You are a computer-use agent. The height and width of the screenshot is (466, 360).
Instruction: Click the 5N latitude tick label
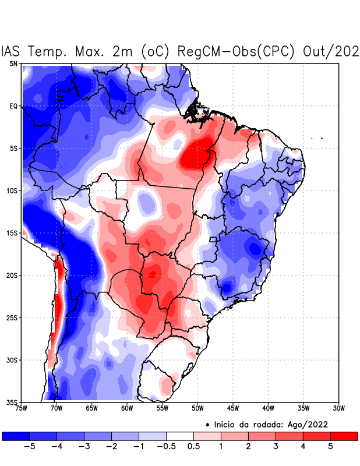point(13,63)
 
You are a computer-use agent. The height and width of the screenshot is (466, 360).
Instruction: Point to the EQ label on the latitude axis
point(13,106)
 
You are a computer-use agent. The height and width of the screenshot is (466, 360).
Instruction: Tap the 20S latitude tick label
point(12,276)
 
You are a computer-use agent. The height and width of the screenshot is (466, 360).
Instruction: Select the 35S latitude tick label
point(12,403)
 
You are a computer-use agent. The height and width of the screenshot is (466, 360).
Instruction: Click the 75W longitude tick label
point(22,408)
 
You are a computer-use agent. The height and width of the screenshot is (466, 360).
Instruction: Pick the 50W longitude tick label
point(197,408)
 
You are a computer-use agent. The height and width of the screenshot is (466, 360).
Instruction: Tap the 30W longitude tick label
point(338,408)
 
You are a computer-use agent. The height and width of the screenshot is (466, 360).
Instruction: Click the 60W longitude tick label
point(127,408)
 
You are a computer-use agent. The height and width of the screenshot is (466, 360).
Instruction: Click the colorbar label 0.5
point(193,446)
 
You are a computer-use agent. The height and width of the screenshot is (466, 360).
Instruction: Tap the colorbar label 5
point(331,446)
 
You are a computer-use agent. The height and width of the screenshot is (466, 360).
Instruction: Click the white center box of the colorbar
point(180,436)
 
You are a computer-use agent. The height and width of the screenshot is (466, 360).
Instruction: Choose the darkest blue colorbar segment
point(16,436)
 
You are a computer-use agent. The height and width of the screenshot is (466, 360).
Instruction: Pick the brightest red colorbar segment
point(344,436)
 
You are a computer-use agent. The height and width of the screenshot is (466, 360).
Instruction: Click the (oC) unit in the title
point(154,51)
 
